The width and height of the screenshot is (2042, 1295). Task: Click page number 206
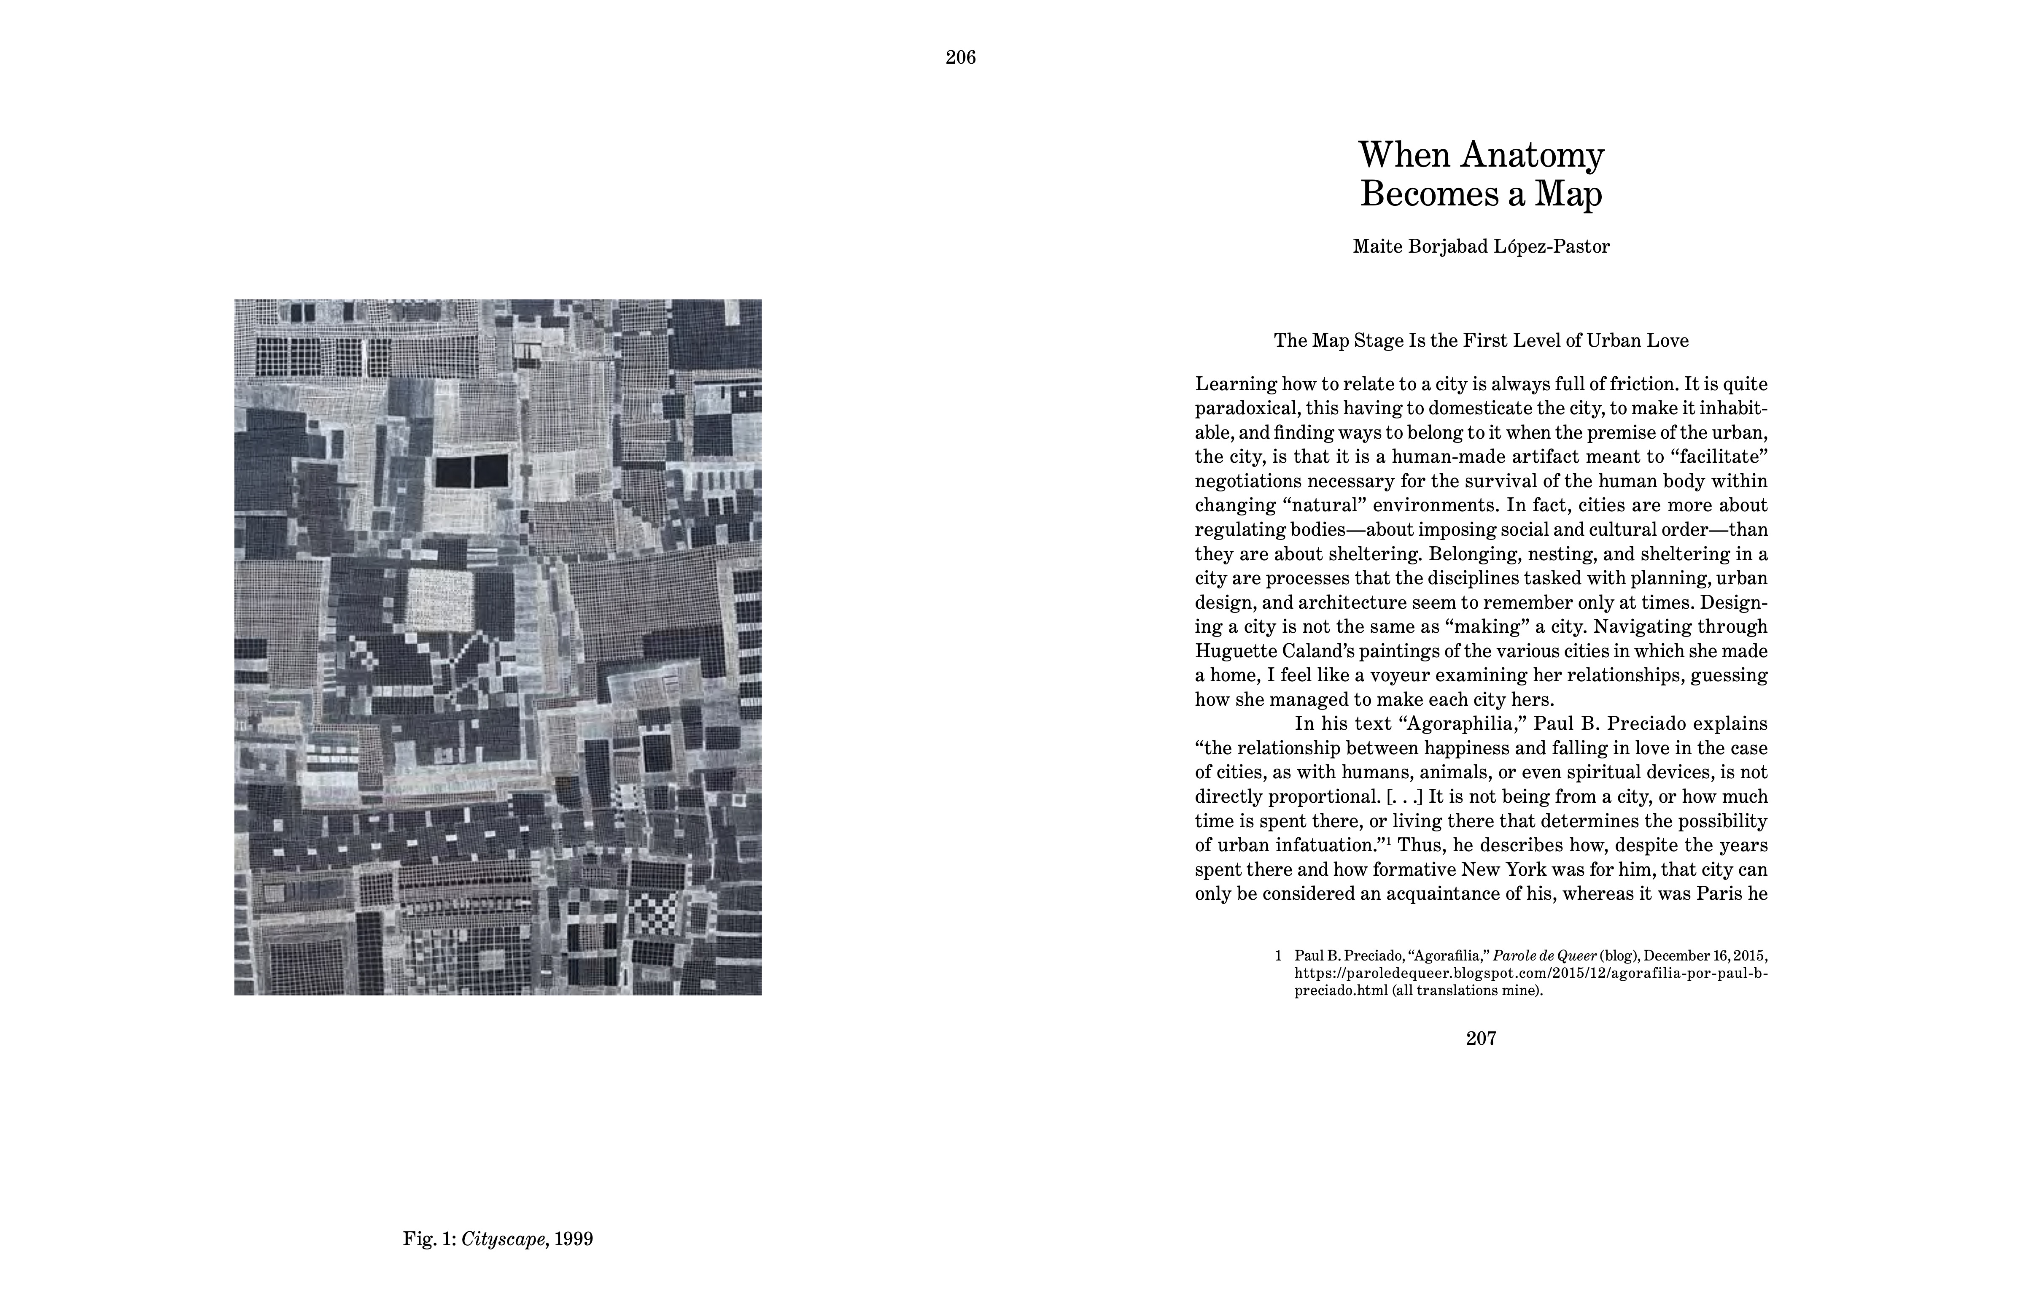click(x=961, y=58)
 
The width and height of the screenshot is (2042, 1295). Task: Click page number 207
click(x=1481, y=1038)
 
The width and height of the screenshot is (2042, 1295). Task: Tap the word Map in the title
click(x=1569, y=194)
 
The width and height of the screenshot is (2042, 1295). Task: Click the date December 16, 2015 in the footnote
click(x=1705, y=955)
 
